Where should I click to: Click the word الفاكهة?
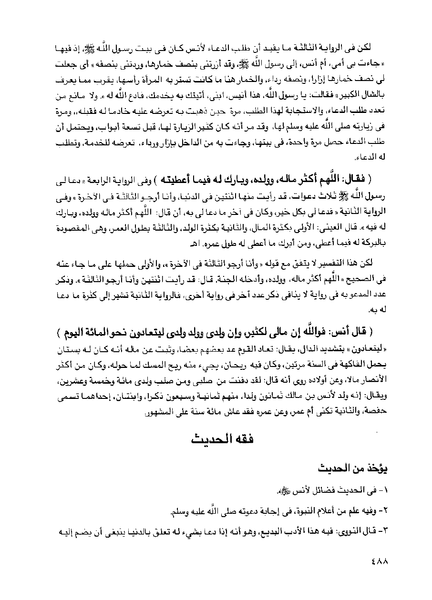(350, 362)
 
